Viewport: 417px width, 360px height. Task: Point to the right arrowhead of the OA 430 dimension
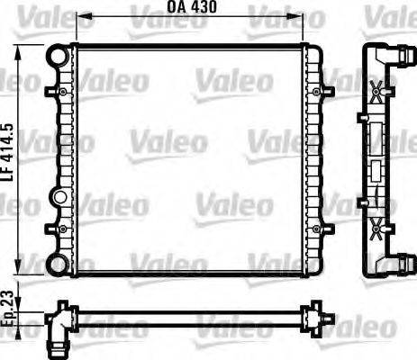pyautogui.click(x=304, y=16)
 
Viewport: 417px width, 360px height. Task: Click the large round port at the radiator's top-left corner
pyautogui.click(x=59, y=55)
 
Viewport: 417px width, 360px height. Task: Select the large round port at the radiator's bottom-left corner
pyautogui.click(x=58, y=265)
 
